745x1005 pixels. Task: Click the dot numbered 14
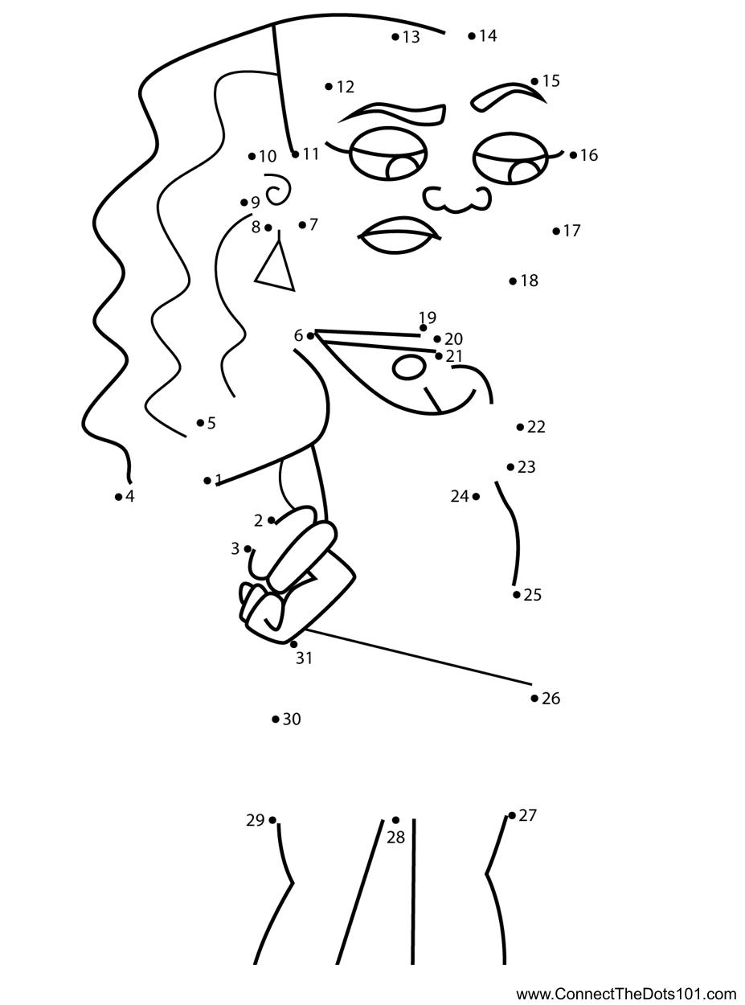[472, 36]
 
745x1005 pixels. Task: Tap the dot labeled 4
[118, 497]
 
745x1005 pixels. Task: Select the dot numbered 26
[534, 698]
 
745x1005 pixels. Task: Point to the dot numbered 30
[276, 719]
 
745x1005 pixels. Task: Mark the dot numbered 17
[556, 231]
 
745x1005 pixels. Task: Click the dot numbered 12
[329, 86]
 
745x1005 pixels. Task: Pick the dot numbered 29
[272, 820]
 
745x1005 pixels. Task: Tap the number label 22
[536, 427]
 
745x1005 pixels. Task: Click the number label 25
[533, 595]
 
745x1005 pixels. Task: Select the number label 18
[529, 281]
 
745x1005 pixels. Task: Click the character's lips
[399, 235]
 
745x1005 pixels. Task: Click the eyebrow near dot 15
[507, 96]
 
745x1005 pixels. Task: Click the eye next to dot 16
[512, 158]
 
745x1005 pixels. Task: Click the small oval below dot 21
[409, 367]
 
